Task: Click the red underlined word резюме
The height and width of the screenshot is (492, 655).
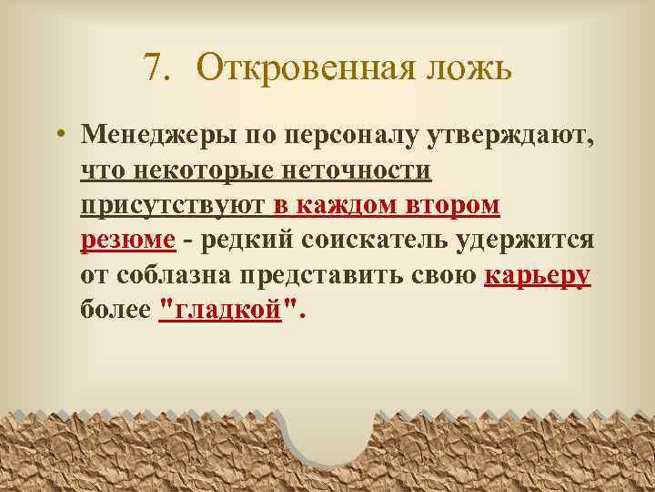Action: coord(127,241)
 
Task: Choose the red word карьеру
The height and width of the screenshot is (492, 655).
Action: coord(538,275)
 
